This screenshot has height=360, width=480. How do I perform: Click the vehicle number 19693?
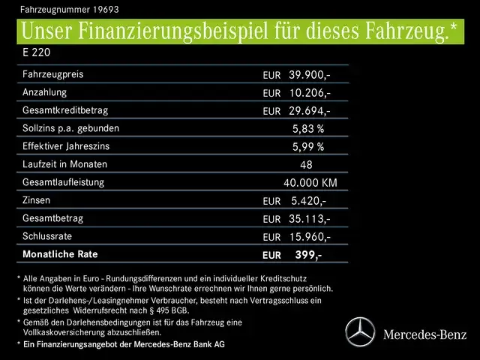[x=104, y=10]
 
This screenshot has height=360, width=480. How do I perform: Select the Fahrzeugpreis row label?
[x=53, y=74]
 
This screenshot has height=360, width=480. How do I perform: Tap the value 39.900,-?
[x=309, y=75]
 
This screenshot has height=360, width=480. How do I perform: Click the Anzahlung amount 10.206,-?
[x=309, y=92]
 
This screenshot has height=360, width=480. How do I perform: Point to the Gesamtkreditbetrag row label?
[x=66, y=110]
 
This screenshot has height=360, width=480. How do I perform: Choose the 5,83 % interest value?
[x=307, y=128]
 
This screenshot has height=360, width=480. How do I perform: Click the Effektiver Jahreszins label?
[x=68, y=146]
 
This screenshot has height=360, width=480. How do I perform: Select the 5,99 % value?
[x=307, y=146]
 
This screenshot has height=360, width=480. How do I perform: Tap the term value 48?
[x=306, y=164]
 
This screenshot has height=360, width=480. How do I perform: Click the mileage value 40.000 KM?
[x=310, y=182]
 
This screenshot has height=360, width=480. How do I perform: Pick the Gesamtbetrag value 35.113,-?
[x=309, y=218]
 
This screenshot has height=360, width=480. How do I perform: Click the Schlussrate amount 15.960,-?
[x=309, y=236]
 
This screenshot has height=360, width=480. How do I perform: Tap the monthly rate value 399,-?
[x=308, y=255]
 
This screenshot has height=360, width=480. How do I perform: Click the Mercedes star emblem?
[x=359, y=331]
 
